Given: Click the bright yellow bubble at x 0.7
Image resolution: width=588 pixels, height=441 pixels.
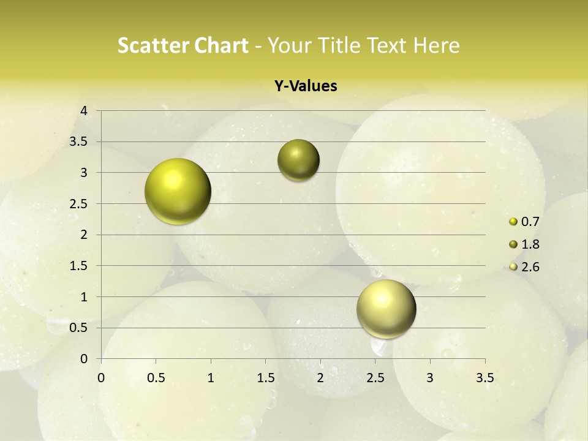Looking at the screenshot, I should (x=178, y=191).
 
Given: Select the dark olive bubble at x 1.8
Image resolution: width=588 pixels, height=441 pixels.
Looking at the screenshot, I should (x=298, y=160).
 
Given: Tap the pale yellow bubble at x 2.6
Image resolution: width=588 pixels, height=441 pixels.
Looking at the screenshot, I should (x=386, y=309).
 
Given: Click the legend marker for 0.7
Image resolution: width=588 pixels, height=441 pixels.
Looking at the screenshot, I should (x=513, y=222).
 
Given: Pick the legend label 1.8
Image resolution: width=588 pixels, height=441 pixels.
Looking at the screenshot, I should (x=530, y=244).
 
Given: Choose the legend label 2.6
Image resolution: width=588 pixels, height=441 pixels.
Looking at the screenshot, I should (x=530, y=267).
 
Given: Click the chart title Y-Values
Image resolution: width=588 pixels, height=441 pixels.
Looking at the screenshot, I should (x=306, y=86).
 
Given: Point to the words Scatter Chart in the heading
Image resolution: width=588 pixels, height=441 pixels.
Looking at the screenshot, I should (x=183, y=45).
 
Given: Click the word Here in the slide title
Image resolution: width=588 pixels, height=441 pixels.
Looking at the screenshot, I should (x=437, y=45).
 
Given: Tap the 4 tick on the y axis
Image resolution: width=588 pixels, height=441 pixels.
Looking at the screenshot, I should (x=85, y=111).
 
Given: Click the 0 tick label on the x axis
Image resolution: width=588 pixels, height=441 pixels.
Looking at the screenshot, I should (x=101, y=377).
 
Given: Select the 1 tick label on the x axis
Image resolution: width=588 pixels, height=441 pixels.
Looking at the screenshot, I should (x=211, y=377).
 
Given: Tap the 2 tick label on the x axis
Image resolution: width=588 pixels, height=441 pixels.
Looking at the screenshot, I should (x=320, y=377).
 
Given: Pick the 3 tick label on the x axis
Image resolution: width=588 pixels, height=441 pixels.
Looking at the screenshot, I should (x=430, y=377).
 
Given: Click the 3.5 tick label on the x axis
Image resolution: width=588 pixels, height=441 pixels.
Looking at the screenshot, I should (x=484, y=377).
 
